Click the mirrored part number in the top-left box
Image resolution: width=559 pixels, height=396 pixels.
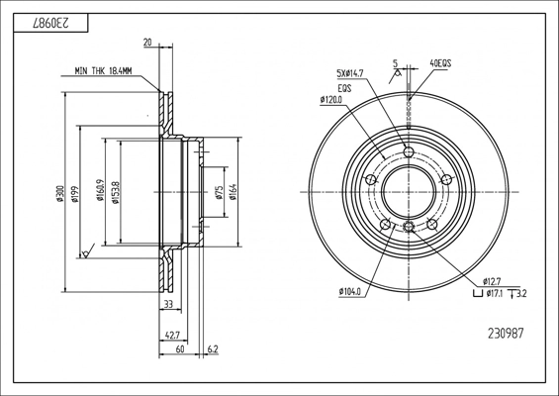pos(50,23)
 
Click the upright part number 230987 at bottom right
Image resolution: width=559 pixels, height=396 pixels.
pos(506,334)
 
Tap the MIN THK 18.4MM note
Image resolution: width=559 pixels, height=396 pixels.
pos(103,71)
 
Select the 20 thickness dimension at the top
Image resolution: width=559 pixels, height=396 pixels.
pos(147,43)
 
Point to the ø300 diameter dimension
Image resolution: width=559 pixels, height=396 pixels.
pos(60,194)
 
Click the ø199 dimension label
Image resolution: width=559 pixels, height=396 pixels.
pos(75,194)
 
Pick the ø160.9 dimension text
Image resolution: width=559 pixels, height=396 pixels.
pos(100,190)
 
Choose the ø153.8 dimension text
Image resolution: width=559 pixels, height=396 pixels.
pos(115,192)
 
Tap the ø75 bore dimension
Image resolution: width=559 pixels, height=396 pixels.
pos(220,192)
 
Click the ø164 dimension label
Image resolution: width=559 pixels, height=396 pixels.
pos(233,192)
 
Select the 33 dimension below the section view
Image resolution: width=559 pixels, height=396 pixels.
pos(168,304)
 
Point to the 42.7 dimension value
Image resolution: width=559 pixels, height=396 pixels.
pos(172,336)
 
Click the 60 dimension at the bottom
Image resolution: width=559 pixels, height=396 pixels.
pos(180,348)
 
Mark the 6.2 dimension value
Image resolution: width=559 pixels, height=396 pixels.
pos(212,348)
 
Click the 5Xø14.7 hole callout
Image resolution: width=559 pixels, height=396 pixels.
pos(349,73)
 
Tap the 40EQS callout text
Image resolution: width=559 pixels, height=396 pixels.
pos(440,63)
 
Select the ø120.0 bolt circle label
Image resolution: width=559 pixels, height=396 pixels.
pos(331,100)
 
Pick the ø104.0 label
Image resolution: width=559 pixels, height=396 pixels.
pos(350,292)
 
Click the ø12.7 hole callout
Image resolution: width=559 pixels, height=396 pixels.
pos(492,281)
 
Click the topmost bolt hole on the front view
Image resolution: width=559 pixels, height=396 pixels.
pos(409,152)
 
